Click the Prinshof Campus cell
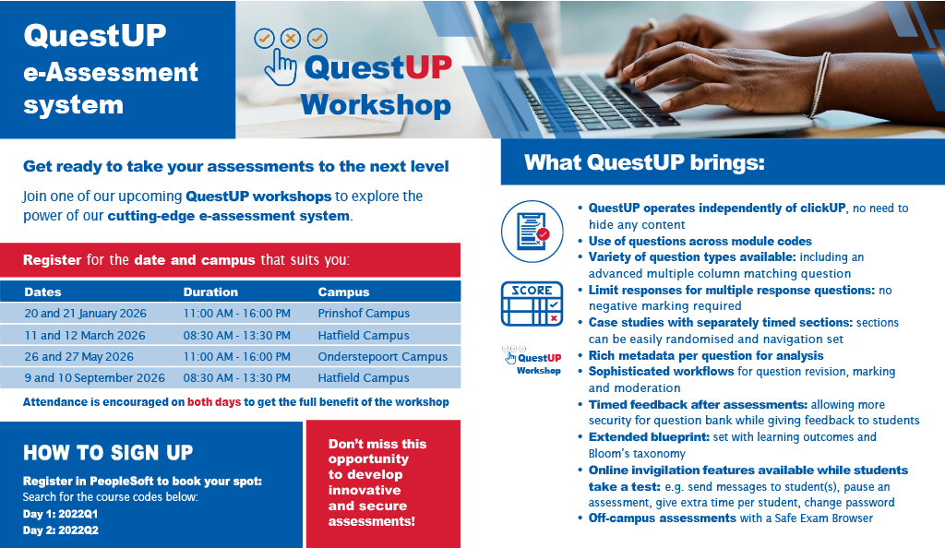(364, 313)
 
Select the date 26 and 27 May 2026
(79, 356)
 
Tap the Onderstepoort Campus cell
(383, 356)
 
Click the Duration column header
(210, 292)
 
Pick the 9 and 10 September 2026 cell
(95, 377)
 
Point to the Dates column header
(42, 292)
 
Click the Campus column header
(343, 292)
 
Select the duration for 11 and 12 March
(237, 336)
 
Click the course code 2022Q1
(78, 514)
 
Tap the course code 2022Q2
(78, 530)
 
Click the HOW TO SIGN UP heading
(108, 453)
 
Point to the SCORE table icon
(532, 304)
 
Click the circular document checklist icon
(532, 232)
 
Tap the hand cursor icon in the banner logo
(281, 67)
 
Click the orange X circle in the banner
(291, 39)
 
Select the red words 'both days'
(214, 402)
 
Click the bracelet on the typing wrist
(820, 84)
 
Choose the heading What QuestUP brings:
(644, 162)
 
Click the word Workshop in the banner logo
(376, 105)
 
